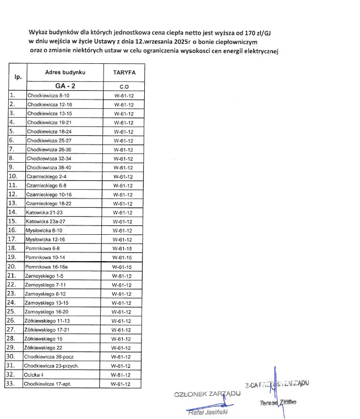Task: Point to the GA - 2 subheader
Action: [64, 86]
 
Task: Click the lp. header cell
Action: [17, 77]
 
